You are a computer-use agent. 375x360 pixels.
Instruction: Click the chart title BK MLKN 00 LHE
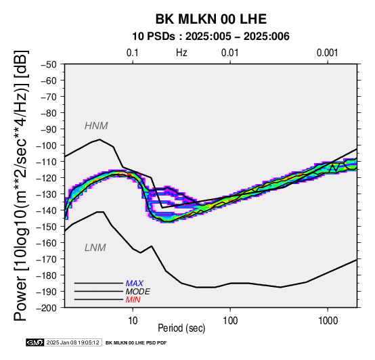(211, 19)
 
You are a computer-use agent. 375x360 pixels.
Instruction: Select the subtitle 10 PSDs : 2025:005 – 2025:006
(211, 37)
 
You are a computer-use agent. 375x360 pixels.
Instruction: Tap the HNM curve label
(96, 126)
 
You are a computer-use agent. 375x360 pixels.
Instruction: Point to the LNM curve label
(95, 248)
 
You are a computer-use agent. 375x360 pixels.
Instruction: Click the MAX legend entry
(135, 284)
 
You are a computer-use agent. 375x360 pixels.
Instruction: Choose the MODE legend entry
(138, 292)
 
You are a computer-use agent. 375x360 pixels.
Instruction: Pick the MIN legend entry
(133, 300)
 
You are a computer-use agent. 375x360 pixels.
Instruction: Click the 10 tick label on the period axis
(133, 321)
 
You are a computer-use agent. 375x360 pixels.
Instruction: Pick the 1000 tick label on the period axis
(328, 321)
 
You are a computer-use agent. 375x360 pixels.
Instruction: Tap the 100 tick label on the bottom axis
(230, 321)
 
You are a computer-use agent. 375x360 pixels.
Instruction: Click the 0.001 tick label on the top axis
(328, 53)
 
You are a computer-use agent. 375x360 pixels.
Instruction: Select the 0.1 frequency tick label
(133, 53)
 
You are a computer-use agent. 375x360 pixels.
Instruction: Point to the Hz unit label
(181, 53)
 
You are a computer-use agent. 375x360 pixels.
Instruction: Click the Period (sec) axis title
(181, 328)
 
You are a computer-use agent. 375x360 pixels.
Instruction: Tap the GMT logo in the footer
(35, 342)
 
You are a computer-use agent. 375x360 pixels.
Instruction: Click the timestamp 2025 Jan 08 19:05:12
(72, 342)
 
